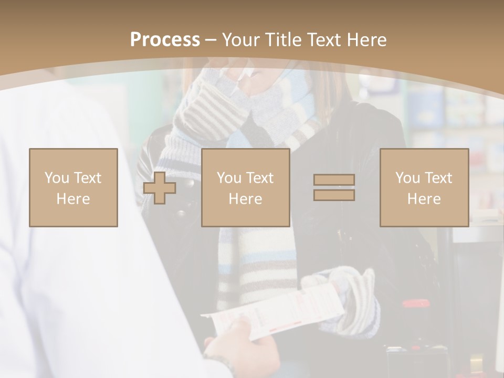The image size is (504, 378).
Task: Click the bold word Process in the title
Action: point(165,40)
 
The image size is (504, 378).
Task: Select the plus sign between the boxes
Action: point(160,188)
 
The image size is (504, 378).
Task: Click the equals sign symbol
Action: point(334,187)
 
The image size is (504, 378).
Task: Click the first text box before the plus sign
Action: point(73,187)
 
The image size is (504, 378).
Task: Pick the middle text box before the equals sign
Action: point(245,187)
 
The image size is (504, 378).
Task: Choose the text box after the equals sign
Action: point(424,187)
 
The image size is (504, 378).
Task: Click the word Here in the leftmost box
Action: point(73,199)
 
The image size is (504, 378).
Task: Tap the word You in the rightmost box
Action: point(407,178)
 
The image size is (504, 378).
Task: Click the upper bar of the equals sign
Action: point(334,180)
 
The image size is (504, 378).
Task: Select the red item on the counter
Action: point(415,303)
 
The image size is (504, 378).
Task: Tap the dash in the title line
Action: point(211,40)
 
